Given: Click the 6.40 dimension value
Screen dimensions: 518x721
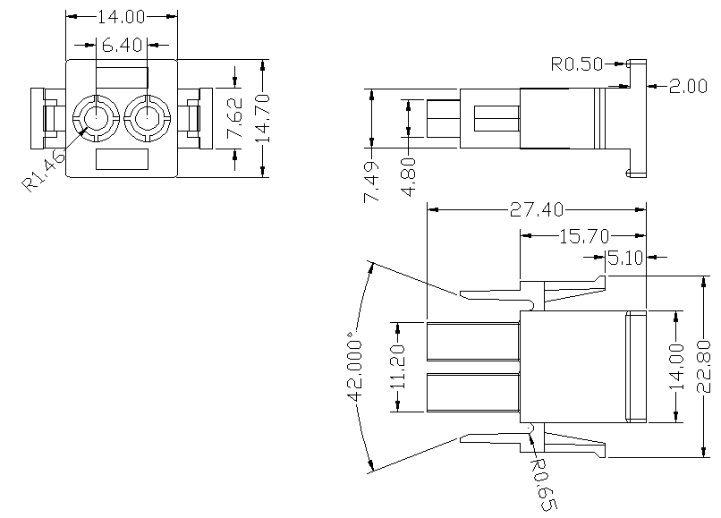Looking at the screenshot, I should [x=122, y=43].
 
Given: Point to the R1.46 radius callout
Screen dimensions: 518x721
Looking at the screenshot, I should [x=42, y=170].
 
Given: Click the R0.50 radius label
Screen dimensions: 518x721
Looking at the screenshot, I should [x=576, y=64].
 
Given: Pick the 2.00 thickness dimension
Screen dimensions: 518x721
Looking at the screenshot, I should [x=688, y=86].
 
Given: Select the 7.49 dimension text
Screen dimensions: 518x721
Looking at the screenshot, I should [x=372, y=181].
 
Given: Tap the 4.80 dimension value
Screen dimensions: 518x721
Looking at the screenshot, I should [x=409, y=178].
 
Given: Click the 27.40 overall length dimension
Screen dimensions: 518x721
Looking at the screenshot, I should [x=537, y=209].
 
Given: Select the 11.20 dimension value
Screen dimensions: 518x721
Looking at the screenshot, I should [x=399, y=367].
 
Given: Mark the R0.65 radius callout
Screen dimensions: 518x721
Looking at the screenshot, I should [x=544, y=484].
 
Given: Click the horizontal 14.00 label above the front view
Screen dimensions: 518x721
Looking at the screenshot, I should [x=122, y=17].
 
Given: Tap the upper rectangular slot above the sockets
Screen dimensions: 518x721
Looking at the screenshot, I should [x=122, y=76].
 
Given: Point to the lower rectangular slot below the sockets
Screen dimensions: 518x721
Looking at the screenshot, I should [x=122, y=159].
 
